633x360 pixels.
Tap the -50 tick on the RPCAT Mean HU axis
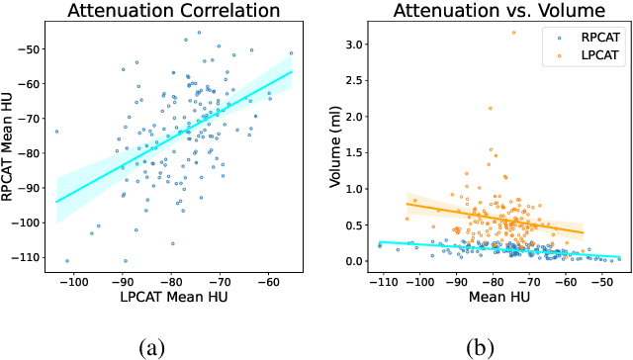click(33, 48)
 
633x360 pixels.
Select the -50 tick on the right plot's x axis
click(599, 280)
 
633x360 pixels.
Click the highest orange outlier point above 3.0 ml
click(512, 33)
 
